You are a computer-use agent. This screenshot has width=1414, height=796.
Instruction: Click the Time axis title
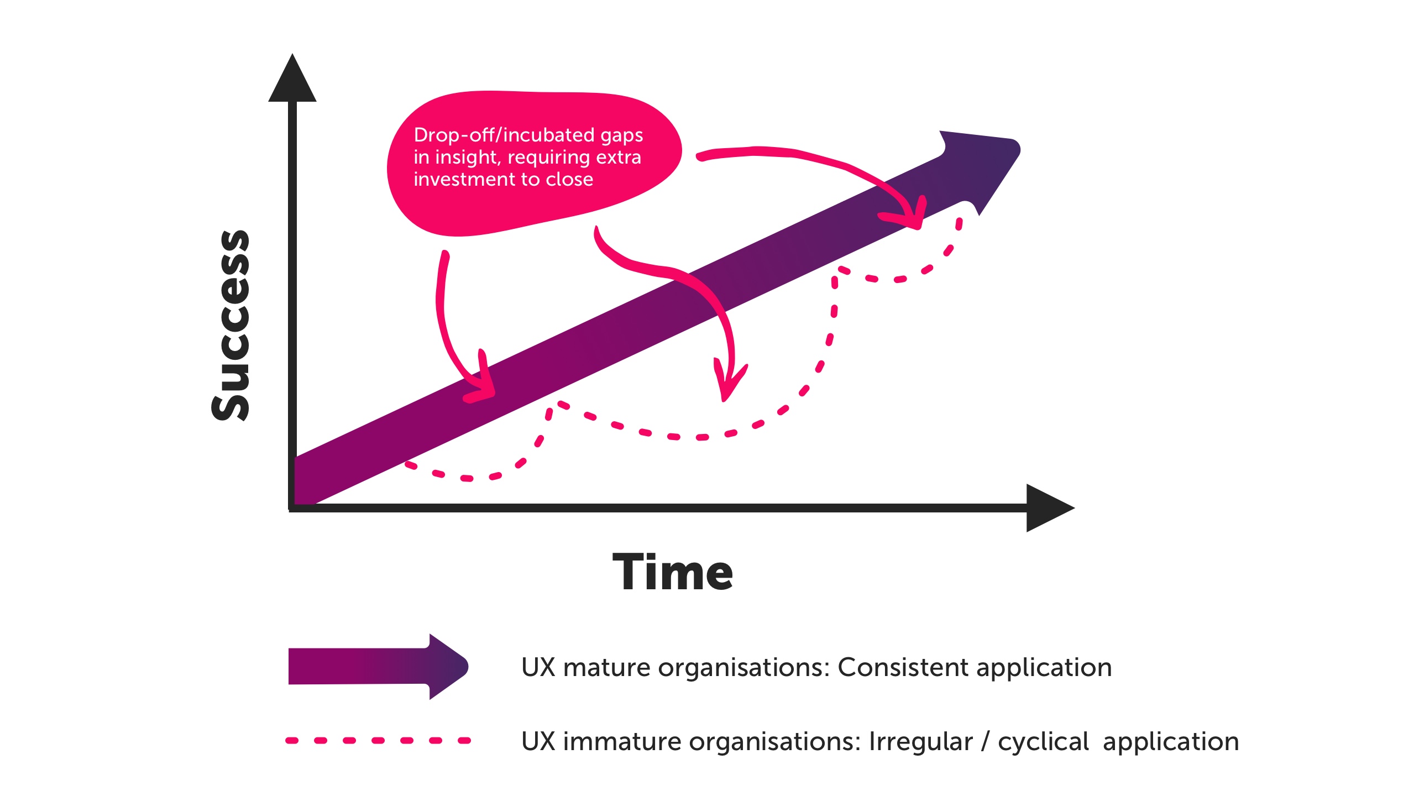tap(673, 573)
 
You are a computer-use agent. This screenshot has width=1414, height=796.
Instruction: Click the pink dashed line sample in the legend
tap(378, 740)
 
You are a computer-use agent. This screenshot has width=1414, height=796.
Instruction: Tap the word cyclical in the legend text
tap(1043, 741)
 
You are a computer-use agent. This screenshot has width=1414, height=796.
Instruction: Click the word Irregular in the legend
tap(920, 741)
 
